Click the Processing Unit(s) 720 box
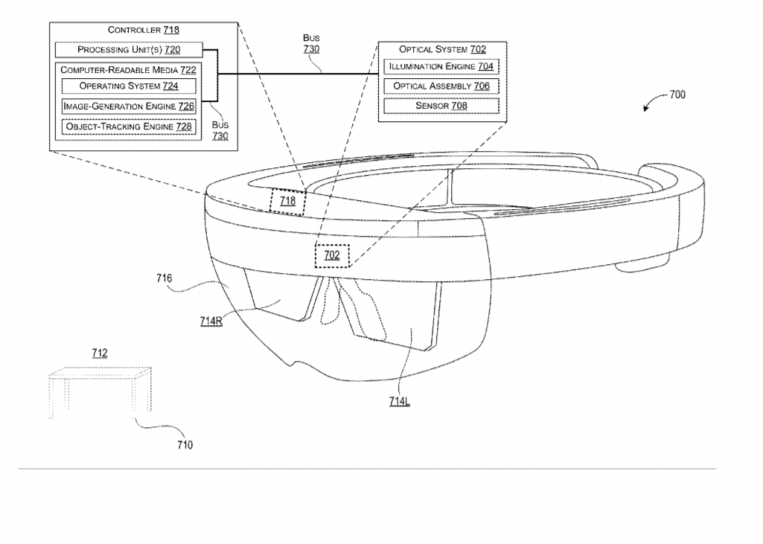tap(129, 50)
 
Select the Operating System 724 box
tap(129, 86)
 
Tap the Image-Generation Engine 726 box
tap(129, 106)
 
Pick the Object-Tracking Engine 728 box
tap(129, 127)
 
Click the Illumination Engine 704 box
tap(441, 66)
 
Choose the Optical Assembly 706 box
tap(441, 86)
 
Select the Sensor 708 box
tap(441, 106)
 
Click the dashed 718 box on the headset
tap(287, 201)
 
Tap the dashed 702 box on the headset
tap(332, 255)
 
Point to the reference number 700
tap(677, 95)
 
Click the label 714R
tap(211, 321)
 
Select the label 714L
tap(400, 401)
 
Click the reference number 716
tap(164, 278)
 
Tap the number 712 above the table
tap(100, 353)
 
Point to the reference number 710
tap(185, 445)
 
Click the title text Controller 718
tap(144, 30)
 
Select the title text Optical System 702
tap(442, 49)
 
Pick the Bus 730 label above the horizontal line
tap(311, 43)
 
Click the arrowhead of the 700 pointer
tap(645, 109)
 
